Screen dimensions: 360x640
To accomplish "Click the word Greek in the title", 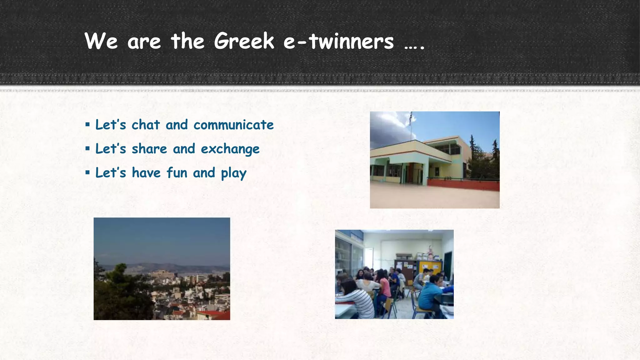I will [244, 41].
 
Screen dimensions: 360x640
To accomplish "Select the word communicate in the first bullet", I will [233, 125].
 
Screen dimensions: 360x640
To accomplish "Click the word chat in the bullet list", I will [146, 125].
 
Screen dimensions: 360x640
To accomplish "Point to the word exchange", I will [230, 149].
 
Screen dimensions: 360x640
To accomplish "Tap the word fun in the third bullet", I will [177, 173].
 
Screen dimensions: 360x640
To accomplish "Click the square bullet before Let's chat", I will [87, 125].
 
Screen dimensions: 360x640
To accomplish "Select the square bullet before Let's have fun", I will [87, 172].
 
